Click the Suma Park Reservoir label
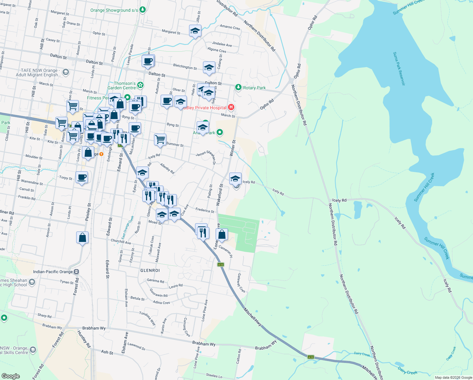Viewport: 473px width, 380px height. click(399, 69)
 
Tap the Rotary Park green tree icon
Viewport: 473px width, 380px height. click(238, 87)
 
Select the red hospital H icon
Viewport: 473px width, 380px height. click(231, 107)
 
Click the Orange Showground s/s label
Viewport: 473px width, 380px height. click(114, 10)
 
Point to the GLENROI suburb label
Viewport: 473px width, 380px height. click(150, 270)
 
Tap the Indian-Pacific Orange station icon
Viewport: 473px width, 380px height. click(76, 272)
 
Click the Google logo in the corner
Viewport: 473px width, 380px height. click(10, 376)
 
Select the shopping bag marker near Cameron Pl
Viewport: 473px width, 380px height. click(222, 235)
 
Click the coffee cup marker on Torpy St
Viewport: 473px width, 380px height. click(82, 177)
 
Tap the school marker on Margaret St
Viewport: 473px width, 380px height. click(195, 31)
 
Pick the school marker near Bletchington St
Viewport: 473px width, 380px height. click(209, 67)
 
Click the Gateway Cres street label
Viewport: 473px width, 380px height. click(241, 283)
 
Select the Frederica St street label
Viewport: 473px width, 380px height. click(205, 210)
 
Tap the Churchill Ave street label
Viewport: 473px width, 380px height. click(121, 242)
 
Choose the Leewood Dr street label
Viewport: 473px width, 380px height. click(136, 346)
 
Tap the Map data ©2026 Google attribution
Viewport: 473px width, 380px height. click(453, 377)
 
